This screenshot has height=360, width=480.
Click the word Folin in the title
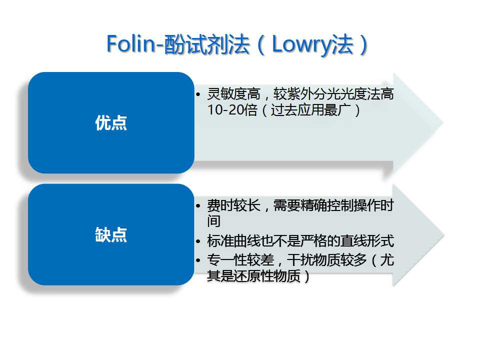tap(131, 44)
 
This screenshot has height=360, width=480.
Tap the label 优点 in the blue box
tap(111, 123)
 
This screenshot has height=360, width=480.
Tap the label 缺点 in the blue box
tap(111, 235)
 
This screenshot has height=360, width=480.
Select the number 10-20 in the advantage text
tap(225, 110)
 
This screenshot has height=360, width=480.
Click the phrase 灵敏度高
tap(233, 93)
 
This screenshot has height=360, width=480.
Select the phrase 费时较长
tap(233, 205)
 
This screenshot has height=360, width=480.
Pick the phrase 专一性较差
tap(240, 260)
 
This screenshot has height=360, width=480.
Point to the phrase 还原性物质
tap(267, 276)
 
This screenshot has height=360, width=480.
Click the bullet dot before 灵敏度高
tap(198, 94)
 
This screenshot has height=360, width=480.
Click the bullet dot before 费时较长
tap(198, 205)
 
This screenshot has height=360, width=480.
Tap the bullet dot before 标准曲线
tap(198, 241)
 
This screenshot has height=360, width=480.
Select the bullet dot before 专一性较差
tap(198, 260)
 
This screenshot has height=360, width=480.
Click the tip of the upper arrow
tap(443, 123)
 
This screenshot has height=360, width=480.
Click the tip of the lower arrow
tap(444, 235)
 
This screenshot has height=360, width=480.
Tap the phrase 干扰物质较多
tap(326, 260)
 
